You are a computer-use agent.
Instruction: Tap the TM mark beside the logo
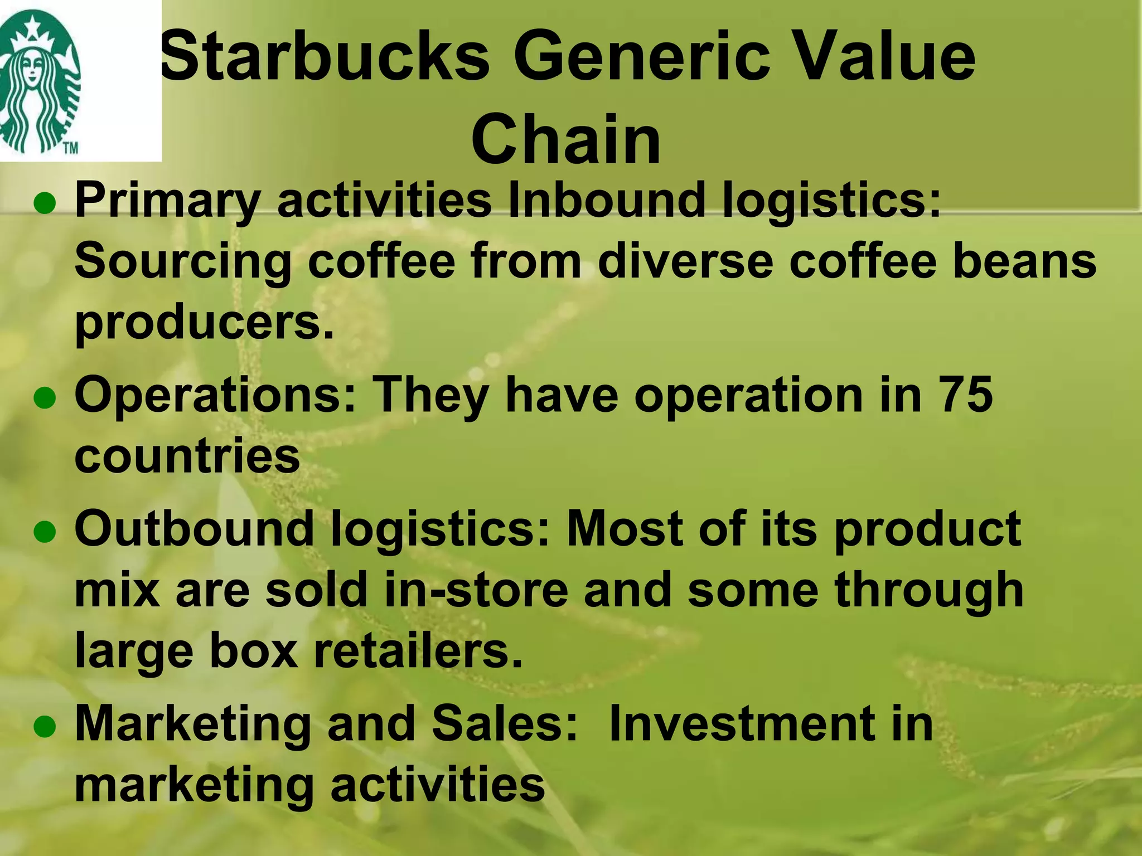[69, 149]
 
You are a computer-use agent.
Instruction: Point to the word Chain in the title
[566, 139]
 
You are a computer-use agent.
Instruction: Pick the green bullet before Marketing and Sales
[45, 727]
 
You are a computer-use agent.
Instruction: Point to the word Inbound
[607, 200]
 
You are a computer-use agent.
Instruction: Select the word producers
[204, 323]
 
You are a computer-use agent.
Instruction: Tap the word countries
[187, 456]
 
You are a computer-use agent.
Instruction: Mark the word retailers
[419, 650]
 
